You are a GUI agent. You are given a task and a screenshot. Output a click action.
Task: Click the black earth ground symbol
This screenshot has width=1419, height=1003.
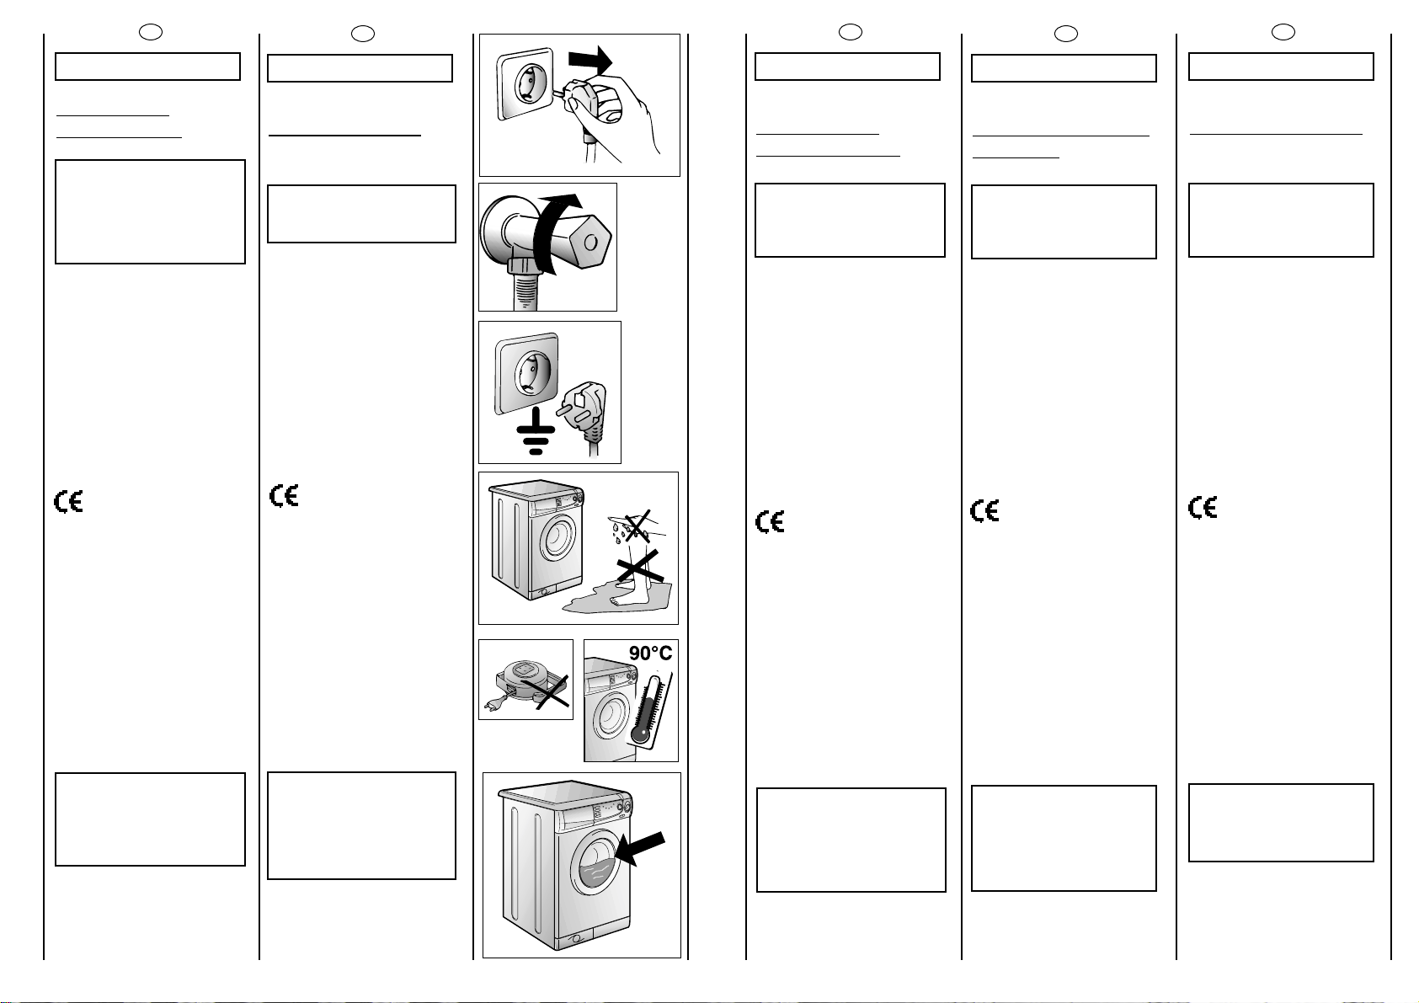coord(536,435)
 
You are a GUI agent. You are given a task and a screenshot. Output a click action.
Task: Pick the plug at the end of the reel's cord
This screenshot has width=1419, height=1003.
coord(492,705)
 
